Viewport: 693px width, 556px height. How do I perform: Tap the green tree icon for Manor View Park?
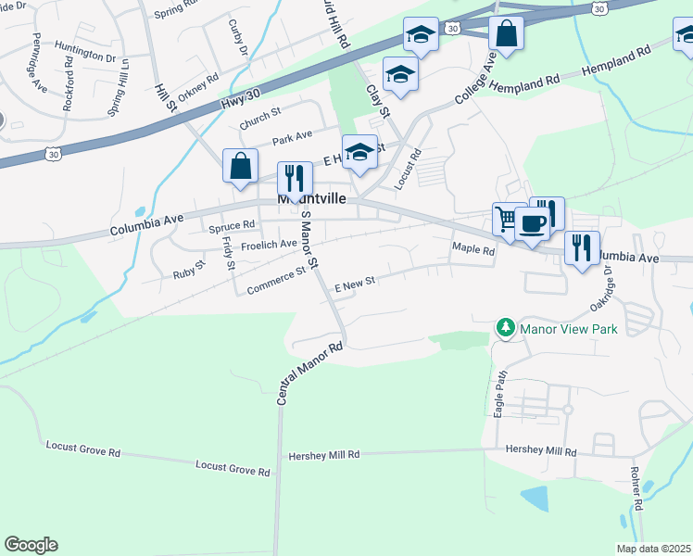[x=505, y=328]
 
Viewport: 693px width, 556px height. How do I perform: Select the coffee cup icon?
[x=532, y=224]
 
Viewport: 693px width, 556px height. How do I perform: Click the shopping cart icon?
[x=507, y=218]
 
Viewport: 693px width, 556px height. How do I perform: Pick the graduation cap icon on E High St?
[x=359, y=151]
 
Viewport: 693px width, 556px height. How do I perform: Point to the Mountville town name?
[x=311, y=199]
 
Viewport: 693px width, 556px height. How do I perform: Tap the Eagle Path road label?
[x=500, y=393]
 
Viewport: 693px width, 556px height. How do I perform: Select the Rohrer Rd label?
[x=636, y=487]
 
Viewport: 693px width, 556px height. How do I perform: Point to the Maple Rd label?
[x=473, y=248]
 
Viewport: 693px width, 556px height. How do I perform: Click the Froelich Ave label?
[x=269, y=245]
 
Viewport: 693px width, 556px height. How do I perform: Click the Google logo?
[x=31, y=545]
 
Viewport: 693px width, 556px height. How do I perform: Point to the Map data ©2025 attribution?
[x=653, y=549]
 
